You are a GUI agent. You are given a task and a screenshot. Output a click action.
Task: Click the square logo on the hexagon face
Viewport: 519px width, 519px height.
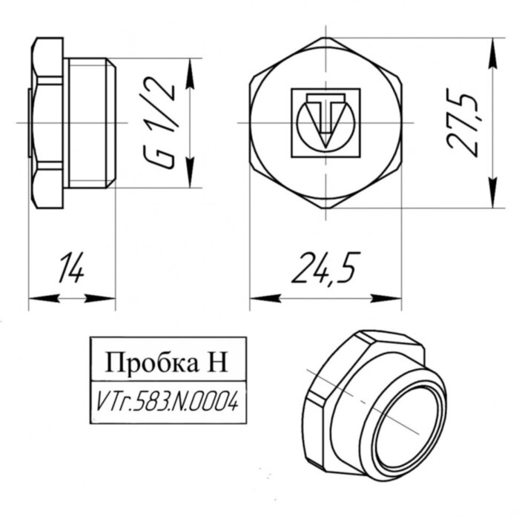(x=325, y=122)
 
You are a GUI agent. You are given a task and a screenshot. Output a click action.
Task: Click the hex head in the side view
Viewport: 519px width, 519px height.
(x=47, y=122)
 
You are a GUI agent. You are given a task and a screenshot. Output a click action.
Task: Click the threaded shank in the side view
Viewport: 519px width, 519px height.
(x=90, y=122)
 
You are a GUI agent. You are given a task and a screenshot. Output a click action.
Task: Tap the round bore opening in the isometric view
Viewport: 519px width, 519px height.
(x=407, y=423)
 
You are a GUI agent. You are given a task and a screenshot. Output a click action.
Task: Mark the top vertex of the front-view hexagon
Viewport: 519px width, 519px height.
(x=325, y=37)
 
